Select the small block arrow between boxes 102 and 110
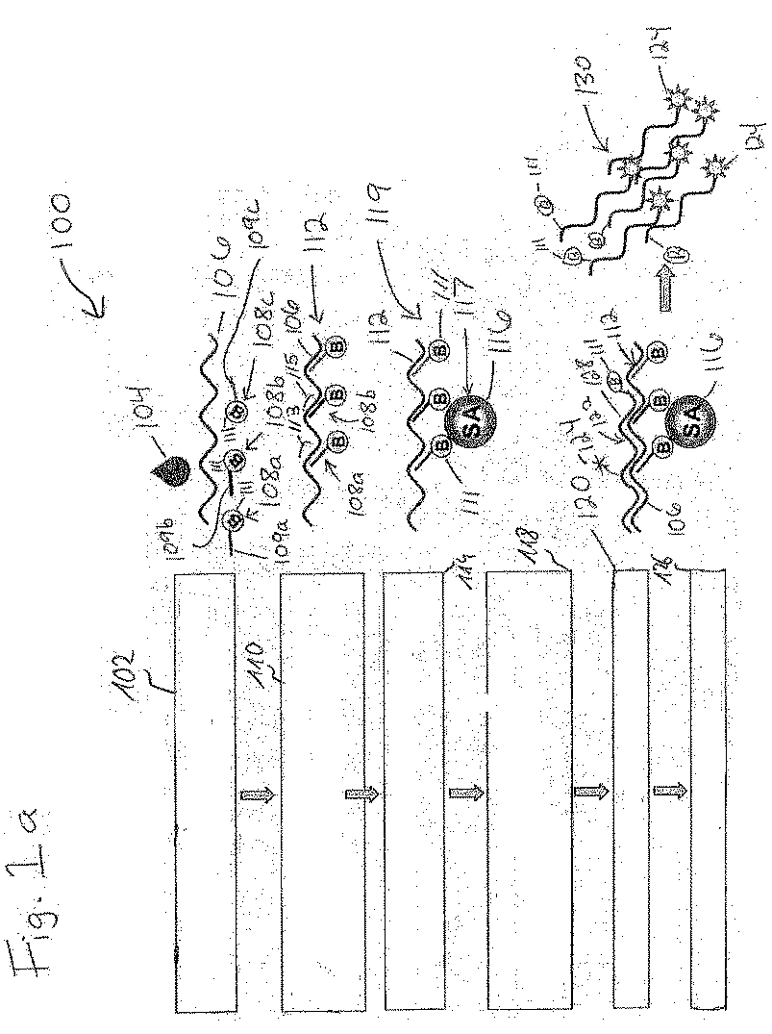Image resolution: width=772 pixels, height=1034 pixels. (x=257, y=795)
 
